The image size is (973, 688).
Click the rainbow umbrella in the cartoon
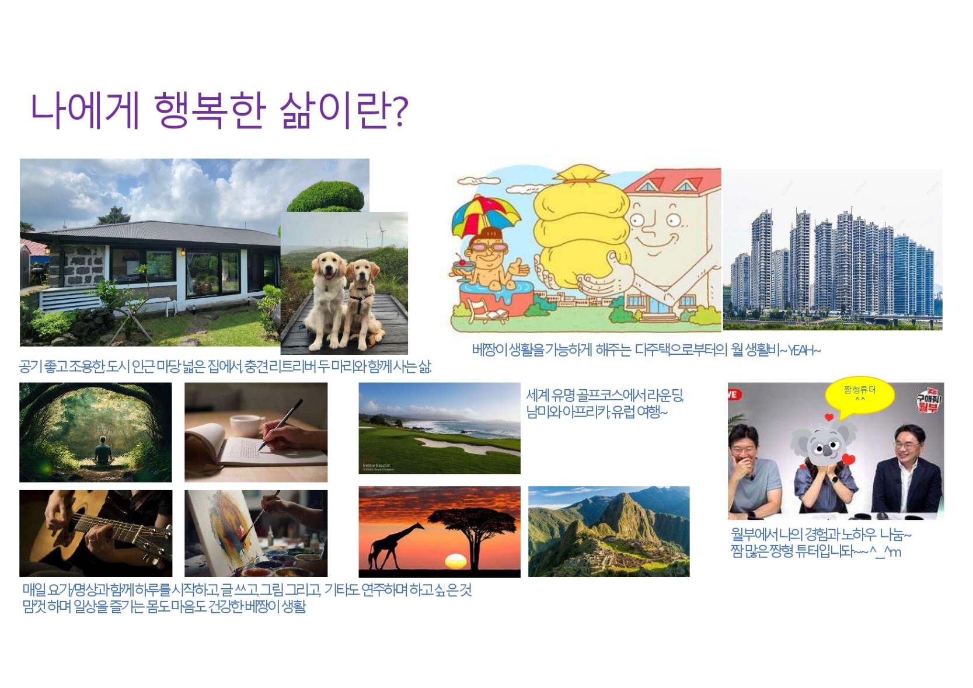tap(486, 215)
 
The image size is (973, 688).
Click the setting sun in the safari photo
tap(456, 560)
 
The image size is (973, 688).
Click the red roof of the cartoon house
tap(674, 180)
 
